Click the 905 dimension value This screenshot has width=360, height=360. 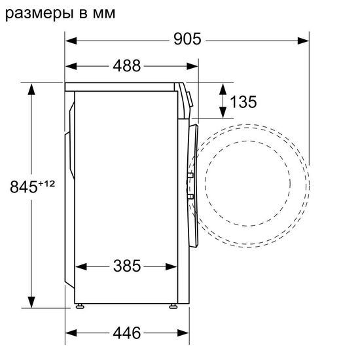point(187,39)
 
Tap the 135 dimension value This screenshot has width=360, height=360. point(243,102)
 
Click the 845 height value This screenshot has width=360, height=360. point(24,187)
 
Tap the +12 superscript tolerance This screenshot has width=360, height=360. point(46,183)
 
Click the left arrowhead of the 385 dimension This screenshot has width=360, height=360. point(81,267)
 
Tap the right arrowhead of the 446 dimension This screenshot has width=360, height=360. point(176,333)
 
